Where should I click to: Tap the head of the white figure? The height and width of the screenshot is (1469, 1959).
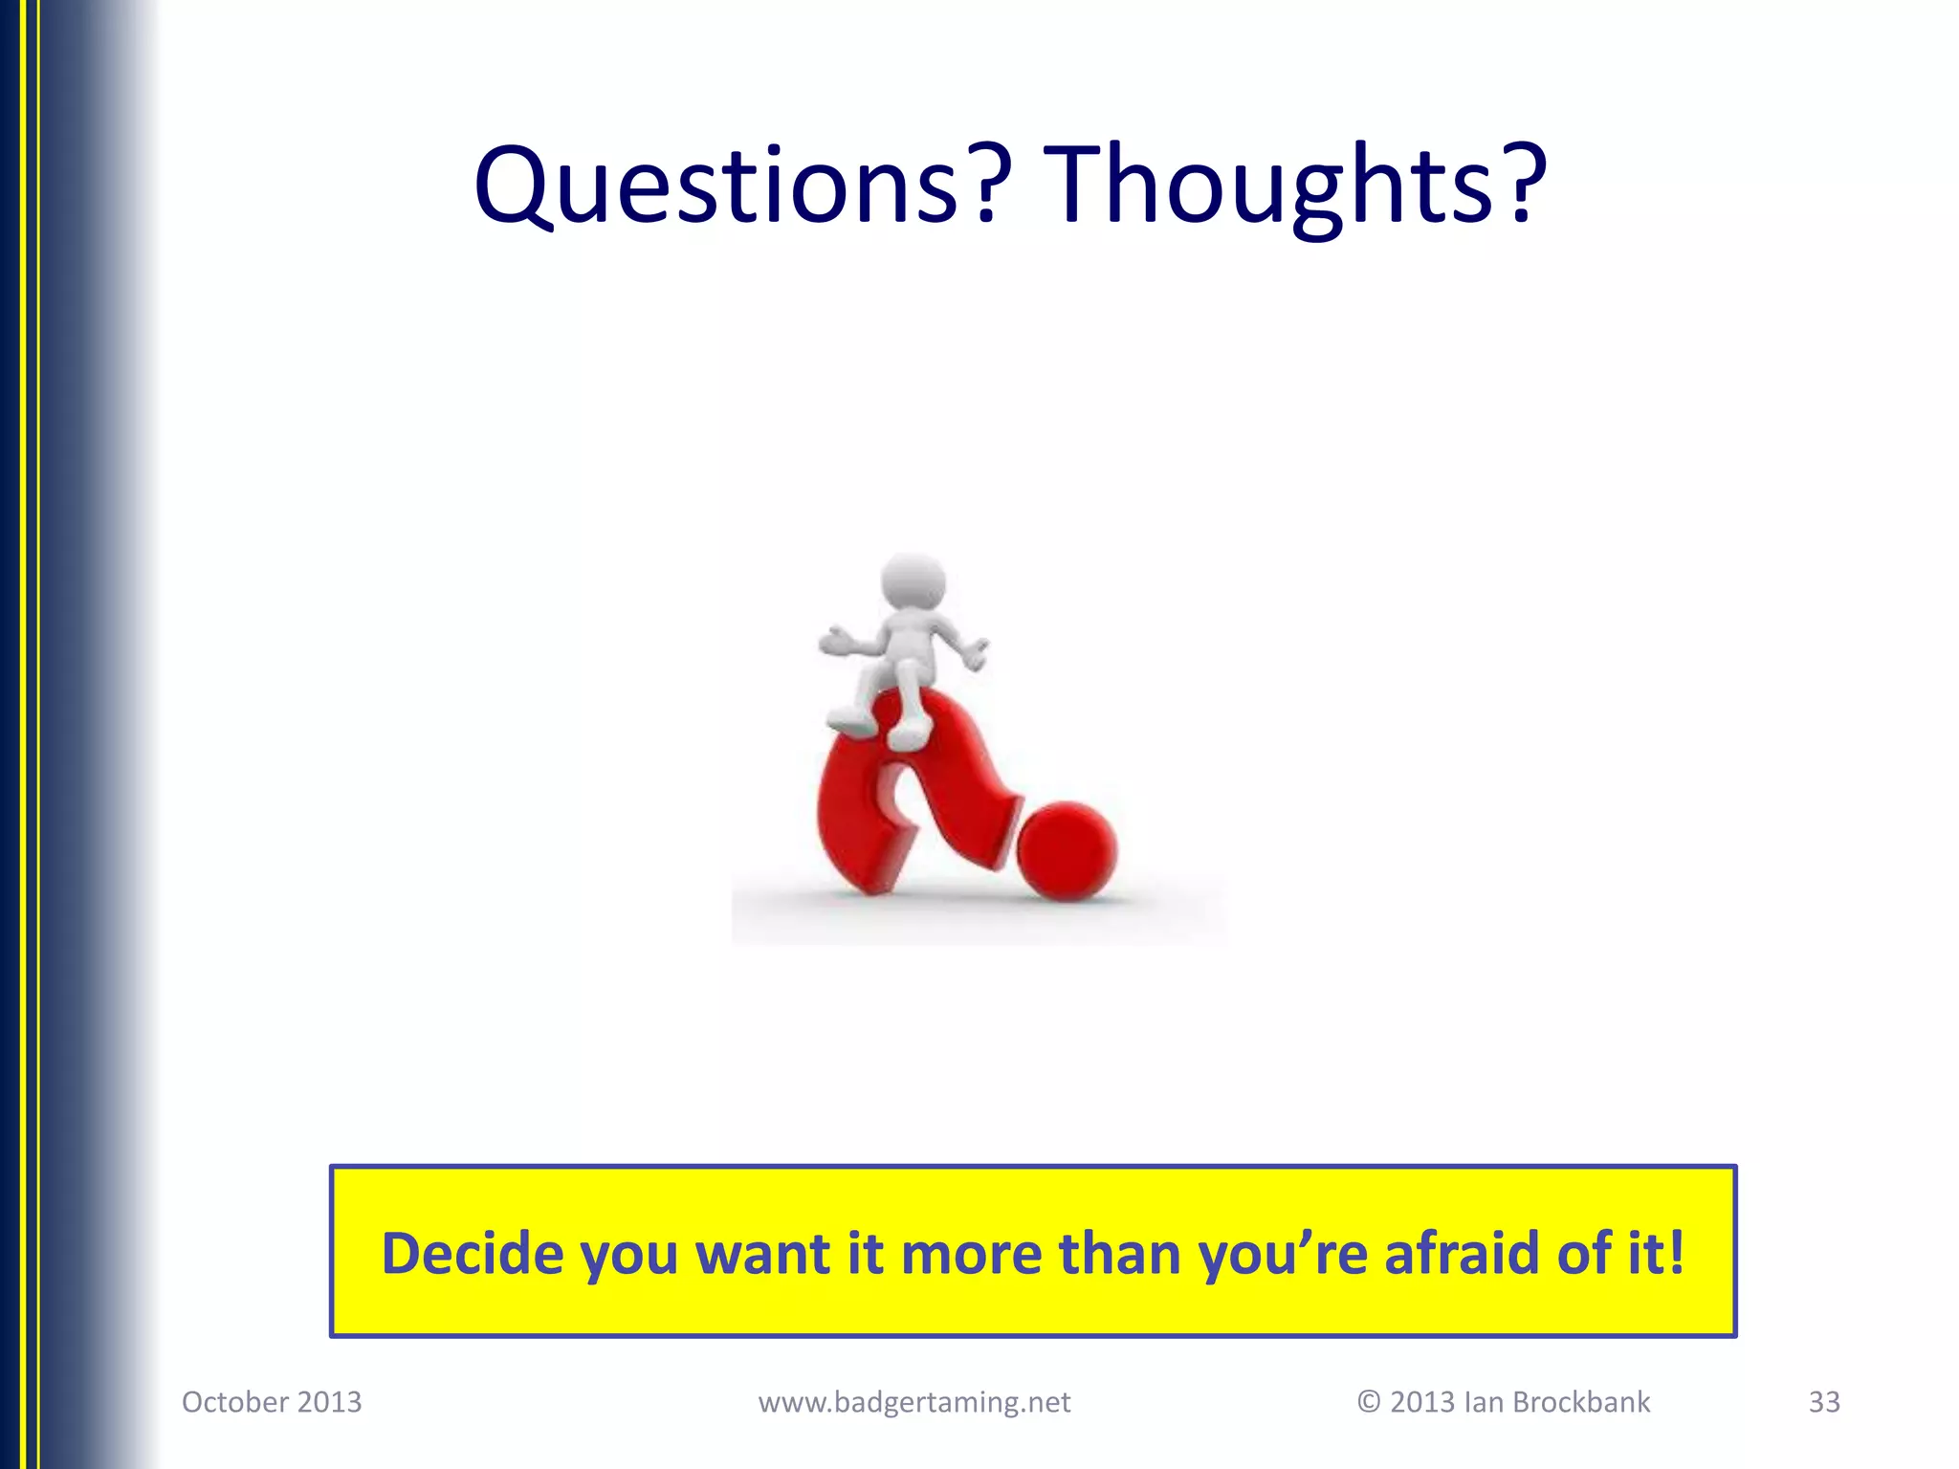(913, 582)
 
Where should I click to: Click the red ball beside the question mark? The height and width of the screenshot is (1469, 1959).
(1066, 850)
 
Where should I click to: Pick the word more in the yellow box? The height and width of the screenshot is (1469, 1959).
(970, 1254)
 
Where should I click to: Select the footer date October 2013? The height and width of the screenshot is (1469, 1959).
(272, 1402)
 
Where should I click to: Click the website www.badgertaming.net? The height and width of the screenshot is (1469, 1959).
(913, 1402)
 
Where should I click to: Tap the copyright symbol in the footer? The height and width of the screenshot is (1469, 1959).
(1368, 1402)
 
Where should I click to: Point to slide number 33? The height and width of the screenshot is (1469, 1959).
(1823, 1402)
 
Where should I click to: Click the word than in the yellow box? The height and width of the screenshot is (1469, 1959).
(1118, 1254)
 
